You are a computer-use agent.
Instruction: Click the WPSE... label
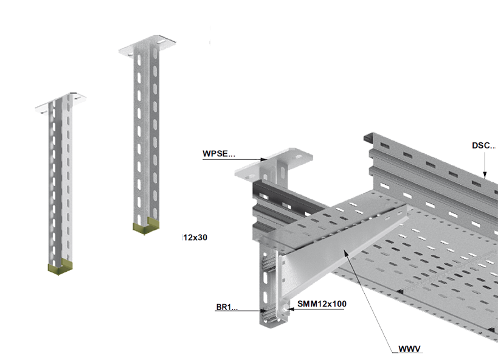point(219,154)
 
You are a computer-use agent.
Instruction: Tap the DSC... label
point(483,145)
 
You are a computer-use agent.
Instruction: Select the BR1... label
point(227,307)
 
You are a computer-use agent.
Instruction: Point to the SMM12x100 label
point(322,304)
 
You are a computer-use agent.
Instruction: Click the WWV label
point(409,349)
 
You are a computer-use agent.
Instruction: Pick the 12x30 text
point(195,237)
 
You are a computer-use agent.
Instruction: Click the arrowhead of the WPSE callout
point(265,159)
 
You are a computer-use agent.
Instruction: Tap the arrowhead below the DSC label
point(485,175)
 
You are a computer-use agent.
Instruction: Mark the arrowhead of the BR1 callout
point(264,311)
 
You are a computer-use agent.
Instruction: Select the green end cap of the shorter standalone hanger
point(60,266)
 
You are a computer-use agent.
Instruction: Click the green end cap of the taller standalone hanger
point(146,226)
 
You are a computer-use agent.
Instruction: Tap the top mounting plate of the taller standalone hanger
point(147,46)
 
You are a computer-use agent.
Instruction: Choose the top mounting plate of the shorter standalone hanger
point(61,103)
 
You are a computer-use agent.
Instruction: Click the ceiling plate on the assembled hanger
point(274,165)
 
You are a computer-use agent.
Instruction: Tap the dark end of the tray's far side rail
point(368,138)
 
